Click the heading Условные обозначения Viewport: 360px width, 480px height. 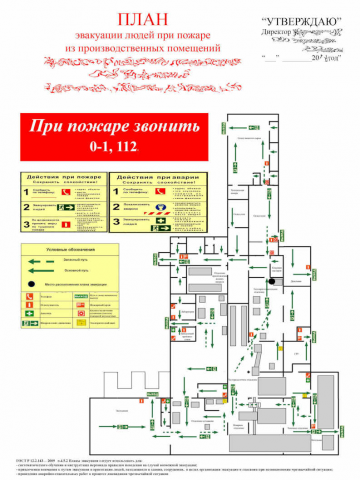pos(70,249)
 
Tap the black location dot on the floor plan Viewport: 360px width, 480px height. pos(269,283)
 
